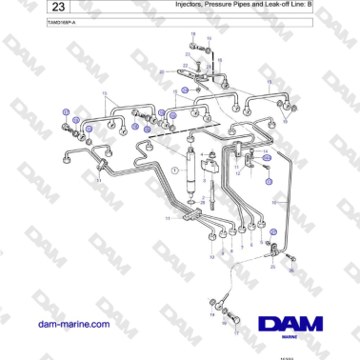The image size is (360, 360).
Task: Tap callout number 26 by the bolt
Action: coord(292,270)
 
